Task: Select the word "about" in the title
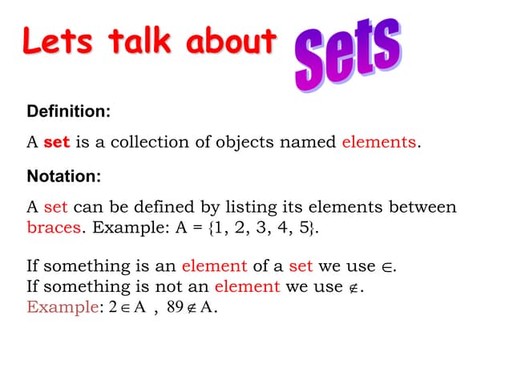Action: pos(233,42)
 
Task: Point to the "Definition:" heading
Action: pos(69,111)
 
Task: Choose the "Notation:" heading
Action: pos(64,176)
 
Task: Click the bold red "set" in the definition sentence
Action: pos(56,143)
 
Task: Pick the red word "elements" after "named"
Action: pos(378,143)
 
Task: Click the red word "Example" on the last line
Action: pos(62,306)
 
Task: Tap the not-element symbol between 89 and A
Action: pos(192,307)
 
